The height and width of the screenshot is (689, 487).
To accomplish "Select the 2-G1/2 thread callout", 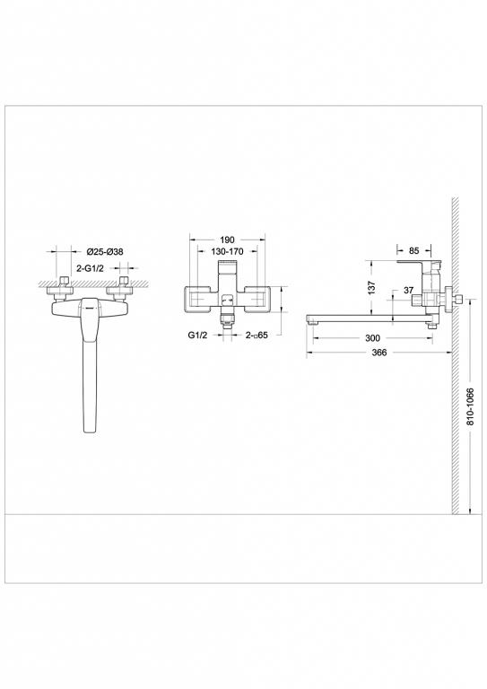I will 94,267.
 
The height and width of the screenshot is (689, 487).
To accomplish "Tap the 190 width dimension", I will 227,240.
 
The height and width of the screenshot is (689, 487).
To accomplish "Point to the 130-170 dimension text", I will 227,253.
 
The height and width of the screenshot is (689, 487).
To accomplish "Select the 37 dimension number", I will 408,290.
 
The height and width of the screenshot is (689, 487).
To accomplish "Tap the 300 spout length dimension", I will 373,338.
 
